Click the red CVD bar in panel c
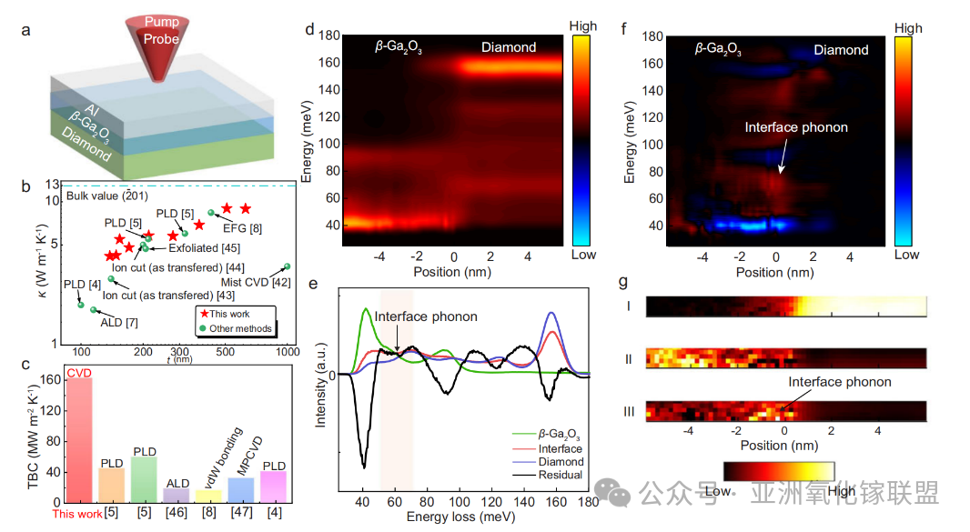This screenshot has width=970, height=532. (x=79, y=440)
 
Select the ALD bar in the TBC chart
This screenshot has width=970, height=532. (x=177, y=496)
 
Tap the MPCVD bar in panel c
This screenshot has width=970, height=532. (x=240, y=490)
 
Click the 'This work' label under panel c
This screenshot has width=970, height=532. (x=77, y=514)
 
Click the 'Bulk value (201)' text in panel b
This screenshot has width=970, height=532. (x=107, y=196)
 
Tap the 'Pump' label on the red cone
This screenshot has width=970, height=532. (x=161, y=22)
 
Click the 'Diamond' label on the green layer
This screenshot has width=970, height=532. (x=86, y=144)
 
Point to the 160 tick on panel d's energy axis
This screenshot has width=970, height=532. (x=329, y=63)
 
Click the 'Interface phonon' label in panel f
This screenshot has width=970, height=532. (x=796, y=127)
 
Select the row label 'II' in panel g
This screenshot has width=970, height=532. (x=629, y=359)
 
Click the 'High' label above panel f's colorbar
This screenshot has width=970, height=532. (x=907, y=28)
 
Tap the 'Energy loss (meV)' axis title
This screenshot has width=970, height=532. (x=460, y=517)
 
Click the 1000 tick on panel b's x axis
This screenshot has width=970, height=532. (x=288, y=351)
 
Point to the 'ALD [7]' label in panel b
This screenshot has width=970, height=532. (x=119, y=322)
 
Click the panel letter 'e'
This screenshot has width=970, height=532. (x=313, y=284)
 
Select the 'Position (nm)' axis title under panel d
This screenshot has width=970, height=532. (x=452, y=272)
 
